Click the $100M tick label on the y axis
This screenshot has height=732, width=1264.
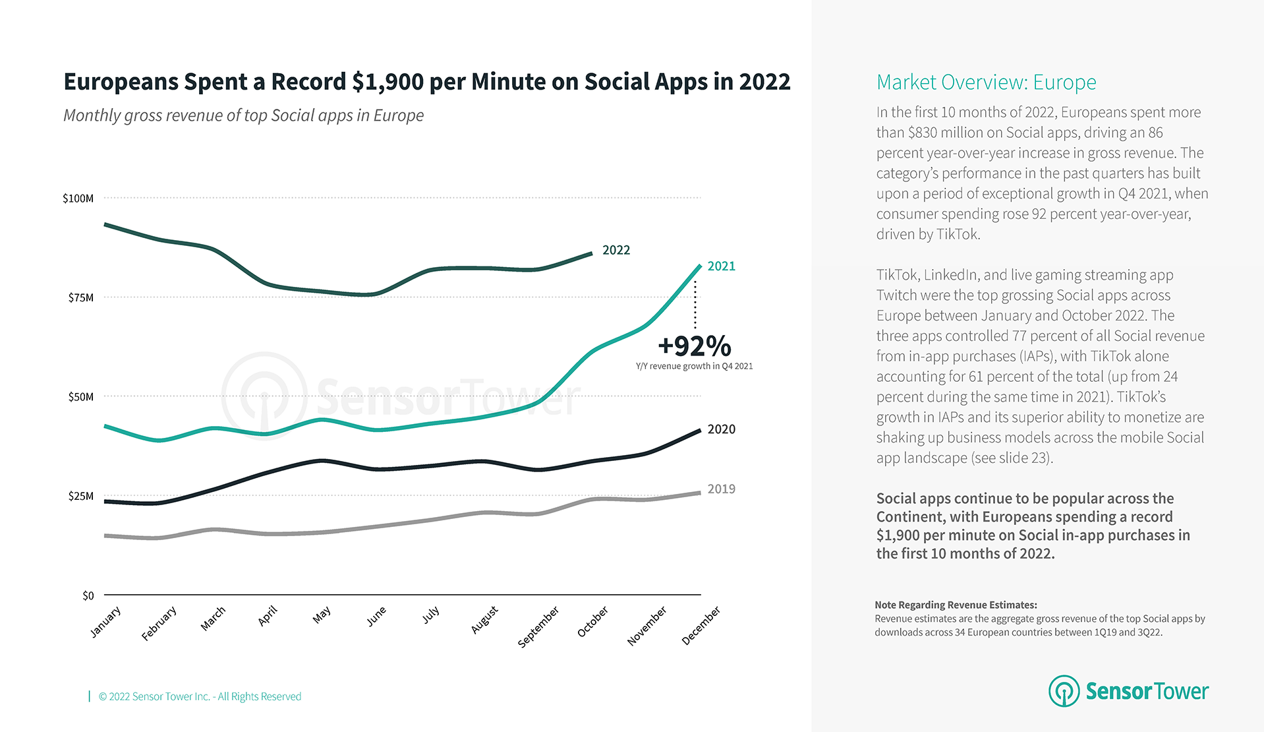(78, 198)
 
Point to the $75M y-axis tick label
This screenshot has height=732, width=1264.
(80, 297)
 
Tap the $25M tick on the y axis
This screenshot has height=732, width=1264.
(80, 496)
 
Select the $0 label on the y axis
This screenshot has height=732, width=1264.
(88, 595)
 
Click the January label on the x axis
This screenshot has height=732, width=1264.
(105, 622)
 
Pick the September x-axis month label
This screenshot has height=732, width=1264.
(538, 627)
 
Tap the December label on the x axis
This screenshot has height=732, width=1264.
(701, 625)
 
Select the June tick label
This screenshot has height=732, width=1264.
(376, 617)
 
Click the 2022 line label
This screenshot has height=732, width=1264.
(616, 250)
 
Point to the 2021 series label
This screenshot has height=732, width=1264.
(721, 266)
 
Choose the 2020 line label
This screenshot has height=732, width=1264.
(721, 429)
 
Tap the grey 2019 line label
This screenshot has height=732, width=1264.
(721, 489)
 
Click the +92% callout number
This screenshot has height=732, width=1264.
(694, 346)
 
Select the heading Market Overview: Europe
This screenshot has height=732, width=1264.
(986, 82)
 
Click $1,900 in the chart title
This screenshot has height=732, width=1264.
(388, 82)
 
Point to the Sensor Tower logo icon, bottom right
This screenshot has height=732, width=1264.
(1064, 691)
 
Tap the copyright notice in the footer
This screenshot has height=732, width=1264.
(200, 696)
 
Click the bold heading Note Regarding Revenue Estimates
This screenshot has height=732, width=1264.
(956, 605)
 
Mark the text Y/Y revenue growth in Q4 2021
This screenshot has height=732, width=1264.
(694, 366)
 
